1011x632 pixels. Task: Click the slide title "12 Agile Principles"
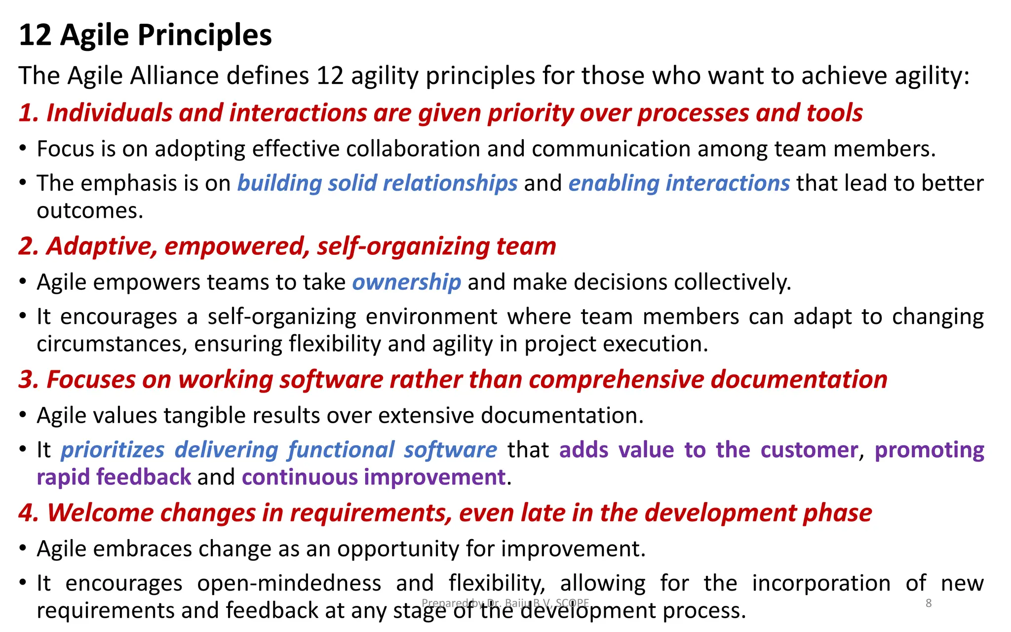click(x=145, y=36)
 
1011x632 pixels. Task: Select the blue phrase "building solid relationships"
click(x=377, y=183)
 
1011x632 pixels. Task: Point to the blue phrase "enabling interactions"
click(x=679, y=183)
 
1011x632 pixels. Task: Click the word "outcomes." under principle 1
click(x=90, y=211)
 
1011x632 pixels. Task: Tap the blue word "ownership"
click(x=406, y=282)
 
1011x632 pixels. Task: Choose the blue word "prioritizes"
click(x=113, y=450)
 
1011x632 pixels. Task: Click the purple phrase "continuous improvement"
click(x=374, y=477)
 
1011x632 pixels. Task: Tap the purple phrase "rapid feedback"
click(x=114, y=477)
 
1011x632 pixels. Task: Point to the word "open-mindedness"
click(x=289, y=584)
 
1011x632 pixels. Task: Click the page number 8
click(x=929, y=603)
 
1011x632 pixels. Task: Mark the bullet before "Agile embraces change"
click(x=23, y=548)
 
